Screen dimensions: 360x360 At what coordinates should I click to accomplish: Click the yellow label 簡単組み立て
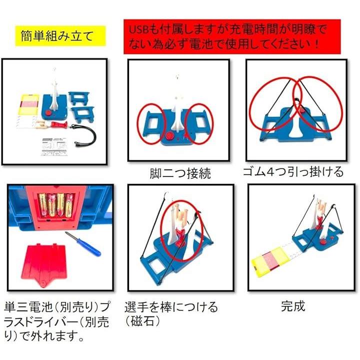tap(60, 36)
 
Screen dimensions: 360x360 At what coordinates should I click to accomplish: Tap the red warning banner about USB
tap(232, 36)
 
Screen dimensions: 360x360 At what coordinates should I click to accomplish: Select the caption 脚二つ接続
tap(180, 173)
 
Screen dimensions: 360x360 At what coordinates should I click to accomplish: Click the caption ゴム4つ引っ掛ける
tap(293, 171)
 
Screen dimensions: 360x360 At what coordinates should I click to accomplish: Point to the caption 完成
tap(293, 306)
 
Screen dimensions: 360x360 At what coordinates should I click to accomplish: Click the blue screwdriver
tap(83, 244)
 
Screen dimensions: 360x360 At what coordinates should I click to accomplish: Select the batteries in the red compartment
tap(55, 205)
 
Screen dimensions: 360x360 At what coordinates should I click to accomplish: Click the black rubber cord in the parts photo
tap(83, 135)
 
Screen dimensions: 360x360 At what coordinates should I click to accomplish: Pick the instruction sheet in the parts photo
tap(54, 146)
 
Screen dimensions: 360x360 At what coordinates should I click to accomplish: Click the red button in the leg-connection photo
tap(170, 135)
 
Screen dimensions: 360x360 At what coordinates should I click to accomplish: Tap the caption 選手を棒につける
tap(171, 307)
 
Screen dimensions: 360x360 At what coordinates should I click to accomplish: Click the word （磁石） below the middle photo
tap(142, 321)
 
